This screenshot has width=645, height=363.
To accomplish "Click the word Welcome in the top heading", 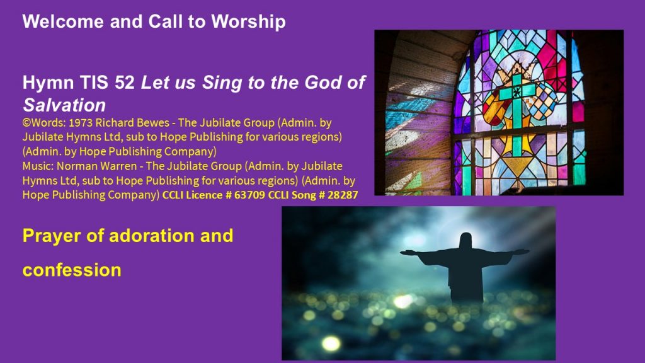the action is tap(63, 21).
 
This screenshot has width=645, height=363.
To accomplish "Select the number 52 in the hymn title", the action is tap(125, 83).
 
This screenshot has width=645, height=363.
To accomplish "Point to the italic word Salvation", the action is tap(64, 105).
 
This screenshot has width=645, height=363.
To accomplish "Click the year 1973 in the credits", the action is tap(81, 123).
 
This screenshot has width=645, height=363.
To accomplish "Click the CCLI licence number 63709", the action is tap(249, 195).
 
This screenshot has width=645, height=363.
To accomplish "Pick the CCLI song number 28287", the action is tap(343, 195).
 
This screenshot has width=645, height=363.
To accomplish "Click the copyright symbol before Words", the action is tap(26, 123).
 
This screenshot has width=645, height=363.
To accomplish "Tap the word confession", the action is tap(72, 270).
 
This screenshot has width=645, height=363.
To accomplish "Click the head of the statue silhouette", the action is tap(465, 241).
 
